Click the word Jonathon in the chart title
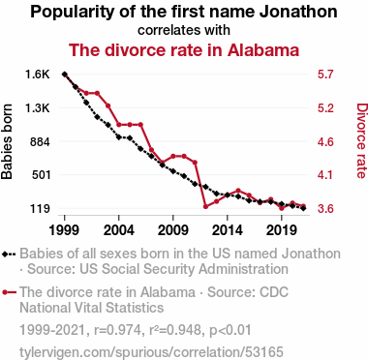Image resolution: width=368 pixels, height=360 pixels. click(298, 12)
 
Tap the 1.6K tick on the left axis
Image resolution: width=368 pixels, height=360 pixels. click(38, 75)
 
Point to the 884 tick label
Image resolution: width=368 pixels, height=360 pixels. click(40, 141)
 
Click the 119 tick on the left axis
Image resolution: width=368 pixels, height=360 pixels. click(41, 209)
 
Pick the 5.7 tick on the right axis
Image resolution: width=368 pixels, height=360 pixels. click(325, 75)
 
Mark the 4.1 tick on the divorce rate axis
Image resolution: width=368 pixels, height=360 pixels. click(325, 175)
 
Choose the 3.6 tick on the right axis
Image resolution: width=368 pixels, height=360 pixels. click(325, 209)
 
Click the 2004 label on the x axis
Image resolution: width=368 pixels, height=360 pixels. click(119, 230)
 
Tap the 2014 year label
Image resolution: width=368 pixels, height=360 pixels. click(228, 230)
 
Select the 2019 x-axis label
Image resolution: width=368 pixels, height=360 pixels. click(282, 230)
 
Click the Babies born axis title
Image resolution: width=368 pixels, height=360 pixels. click(7, 141)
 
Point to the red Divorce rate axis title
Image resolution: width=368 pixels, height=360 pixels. click(361, 140)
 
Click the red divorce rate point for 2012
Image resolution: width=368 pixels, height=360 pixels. click(205, 206)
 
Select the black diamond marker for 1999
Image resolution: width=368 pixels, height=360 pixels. click(65, 75)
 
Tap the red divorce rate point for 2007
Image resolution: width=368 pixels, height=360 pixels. click(151, 150)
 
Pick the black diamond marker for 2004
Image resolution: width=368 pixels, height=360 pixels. click(119, 137)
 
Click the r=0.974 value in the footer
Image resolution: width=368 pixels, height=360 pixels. click(117, 330)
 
